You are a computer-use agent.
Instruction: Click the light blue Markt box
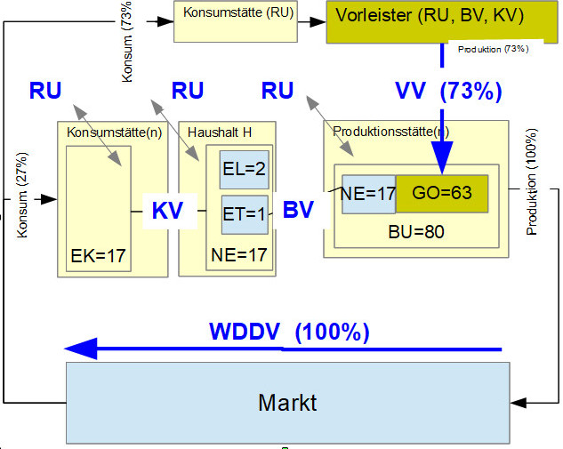pyautogui.click(x=287, y=403)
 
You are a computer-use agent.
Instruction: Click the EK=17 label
pyautogui.click(x=97, y=256)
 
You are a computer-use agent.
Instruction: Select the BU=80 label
pyautogui.click(x=416, y=231)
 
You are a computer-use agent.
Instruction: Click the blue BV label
pyautogui.click(x=299, y=211)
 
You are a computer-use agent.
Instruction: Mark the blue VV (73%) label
pyautogui.click(x=448, y=90)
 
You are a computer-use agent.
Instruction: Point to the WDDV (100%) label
pyautogui.click(x=289, y=333)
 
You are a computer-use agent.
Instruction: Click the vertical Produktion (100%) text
pyautogui.click(x=533, y=195)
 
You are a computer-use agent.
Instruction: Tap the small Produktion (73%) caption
pyautogui.click(x=493, y=50)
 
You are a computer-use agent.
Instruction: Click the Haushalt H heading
pyautogui.click(x=219, y=132)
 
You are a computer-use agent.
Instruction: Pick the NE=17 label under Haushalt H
pyautogui.click(x=238, y=256)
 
